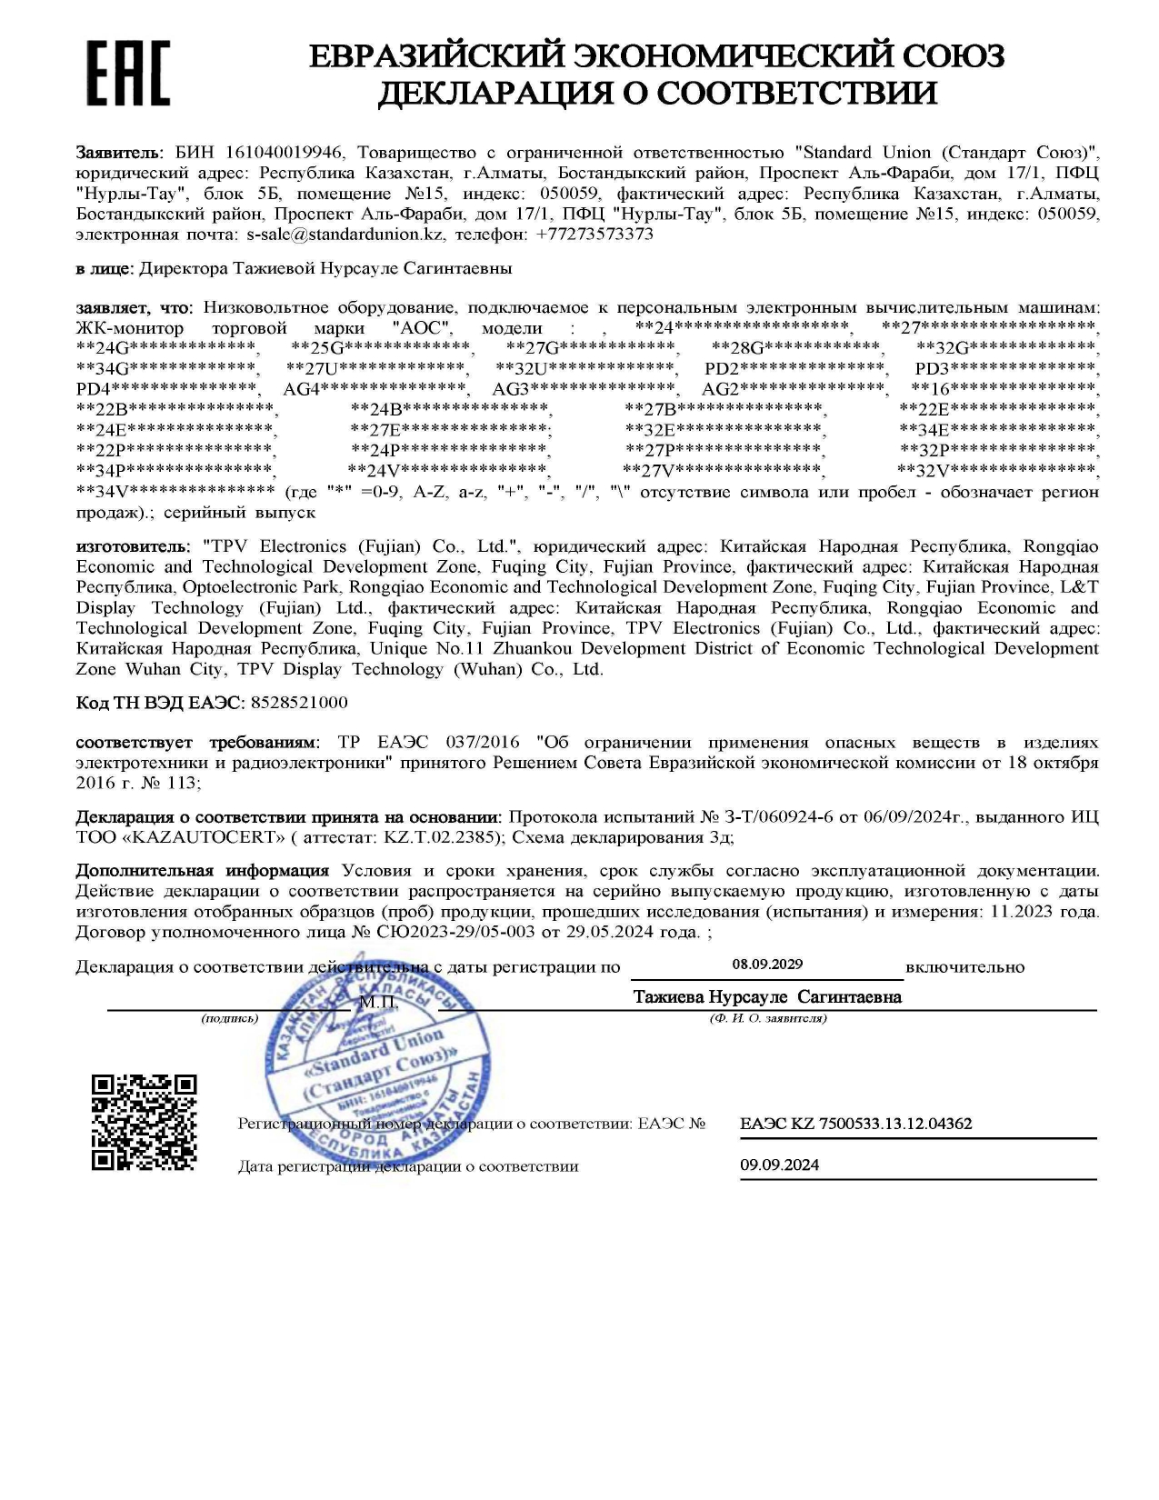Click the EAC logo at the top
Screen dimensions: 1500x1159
click(127, 74)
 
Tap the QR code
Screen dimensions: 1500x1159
click(144, 1122)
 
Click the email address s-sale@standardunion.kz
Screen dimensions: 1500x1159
click(345, 235)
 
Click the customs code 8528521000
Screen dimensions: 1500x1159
click(299, 703)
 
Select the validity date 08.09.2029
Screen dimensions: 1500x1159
click(767, 965)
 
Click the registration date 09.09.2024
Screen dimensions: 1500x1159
click(779, 1165)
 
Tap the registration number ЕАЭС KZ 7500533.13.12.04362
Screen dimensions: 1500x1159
click(855, 1124)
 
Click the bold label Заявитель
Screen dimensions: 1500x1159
click(119, 153)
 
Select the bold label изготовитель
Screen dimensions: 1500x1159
click(134, 546)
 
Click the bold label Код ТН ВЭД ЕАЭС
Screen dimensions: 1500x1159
click(160, 703)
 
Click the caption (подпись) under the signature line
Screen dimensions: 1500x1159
click(230, 1018)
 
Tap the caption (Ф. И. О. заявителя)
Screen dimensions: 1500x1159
click(768, 1018)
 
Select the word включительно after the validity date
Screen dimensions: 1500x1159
click(964, 967)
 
